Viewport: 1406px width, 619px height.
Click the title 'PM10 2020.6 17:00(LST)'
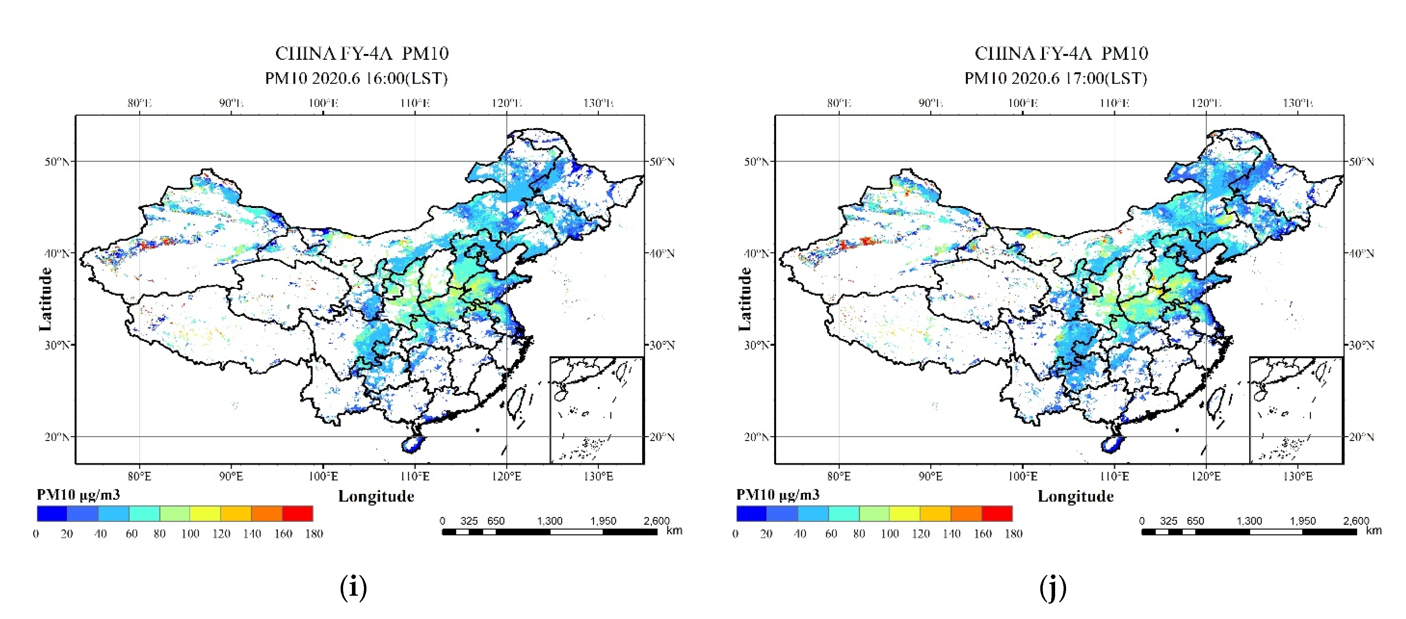(x=1055, y=78)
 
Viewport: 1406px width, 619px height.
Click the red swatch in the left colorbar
(x=298, y=513)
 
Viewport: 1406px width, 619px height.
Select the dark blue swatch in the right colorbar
(x=751, y=513)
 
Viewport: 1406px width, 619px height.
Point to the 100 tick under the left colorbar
(x=190, y=534)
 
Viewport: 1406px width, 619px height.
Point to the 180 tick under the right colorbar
(x=1013, y=534)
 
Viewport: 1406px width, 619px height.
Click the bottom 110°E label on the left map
(x=415, y=476)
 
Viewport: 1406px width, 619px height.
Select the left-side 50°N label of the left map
(x=57, y=161)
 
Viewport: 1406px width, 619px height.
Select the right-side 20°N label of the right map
(x=1361, y=437)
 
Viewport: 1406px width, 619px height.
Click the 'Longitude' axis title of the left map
(x=376, y=496)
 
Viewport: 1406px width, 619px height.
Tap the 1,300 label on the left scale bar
(x=549, y=521)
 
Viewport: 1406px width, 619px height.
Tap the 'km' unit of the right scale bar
(x=1373, y=530)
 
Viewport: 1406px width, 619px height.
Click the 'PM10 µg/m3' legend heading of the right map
(x=777, y=495)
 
